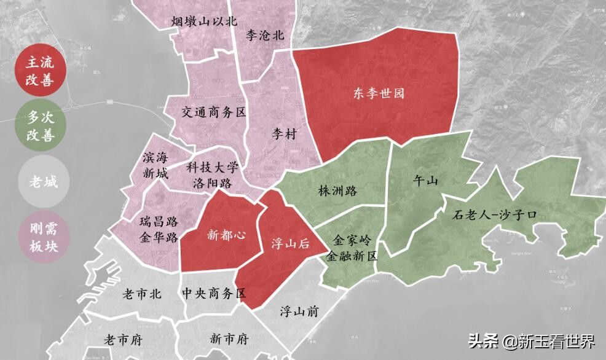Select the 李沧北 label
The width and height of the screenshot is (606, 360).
point(265,36)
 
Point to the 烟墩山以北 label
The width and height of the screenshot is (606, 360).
point(203,22)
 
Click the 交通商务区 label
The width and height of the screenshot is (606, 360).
point(213,112)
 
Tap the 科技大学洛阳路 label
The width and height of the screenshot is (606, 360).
point(212,175)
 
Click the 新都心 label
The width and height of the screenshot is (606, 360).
point(222,234)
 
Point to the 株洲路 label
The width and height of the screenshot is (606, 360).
point(337,191)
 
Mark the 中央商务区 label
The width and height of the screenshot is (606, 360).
point(214,294)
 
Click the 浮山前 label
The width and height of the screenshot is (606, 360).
point(299,311)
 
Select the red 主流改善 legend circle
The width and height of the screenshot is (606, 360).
point(39,71)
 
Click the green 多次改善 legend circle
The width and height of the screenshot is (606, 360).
point(39,126)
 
